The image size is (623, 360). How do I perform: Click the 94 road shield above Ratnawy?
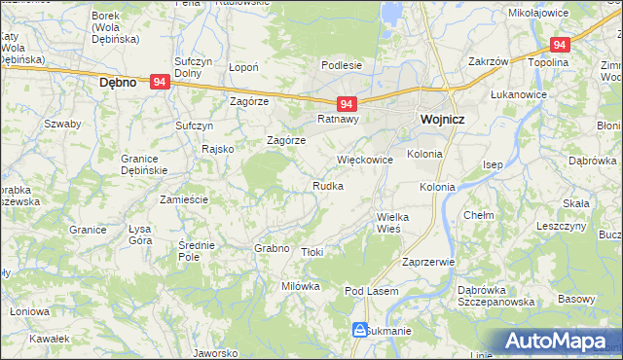(348, 103)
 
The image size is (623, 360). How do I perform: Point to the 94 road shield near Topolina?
(559, 45)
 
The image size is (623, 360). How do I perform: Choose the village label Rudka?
(327, 185)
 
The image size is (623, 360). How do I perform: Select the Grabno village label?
(273, 248)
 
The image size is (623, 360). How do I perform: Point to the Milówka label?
(301, 286)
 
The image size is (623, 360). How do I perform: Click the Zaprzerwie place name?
(428, 262)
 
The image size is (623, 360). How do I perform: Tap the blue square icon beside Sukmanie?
(359, 331)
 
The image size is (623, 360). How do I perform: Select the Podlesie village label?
(342, 65)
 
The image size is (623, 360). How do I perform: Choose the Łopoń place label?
(242, 68)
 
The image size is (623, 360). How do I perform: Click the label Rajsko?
(216, 149)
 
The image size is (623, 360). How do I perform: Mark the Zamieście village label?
(185, 198)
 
